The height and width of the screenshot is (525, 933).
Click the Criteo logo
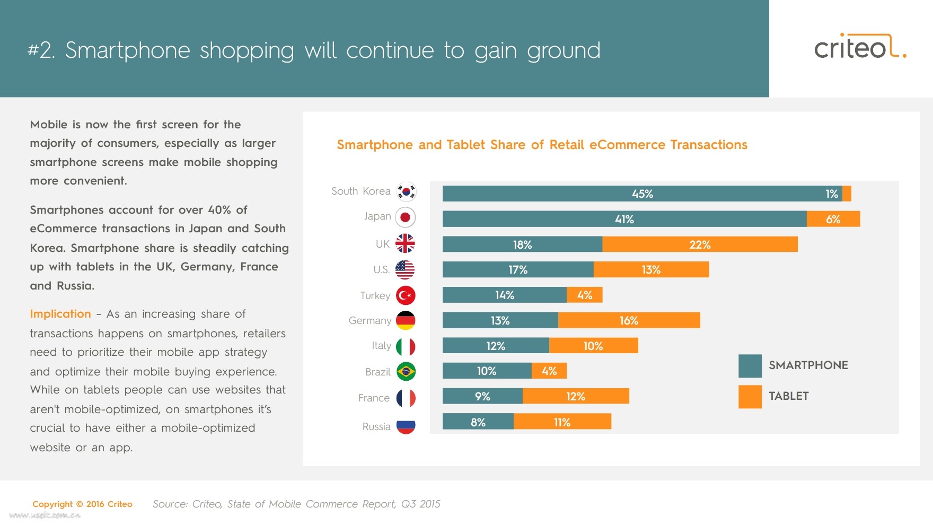click(859, 47)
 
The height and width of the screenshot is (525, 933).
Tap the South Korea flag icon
click(406, 191)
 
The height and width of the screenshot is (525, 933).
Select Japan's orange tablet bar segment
click(833, 219)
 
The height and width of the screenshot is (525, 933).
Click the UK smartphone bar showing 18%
click(522, 244)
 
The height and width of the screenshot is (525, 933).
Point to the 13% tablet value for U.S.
click(651, 270)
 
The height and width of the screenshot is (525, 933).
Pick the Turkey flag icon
click(406, 295)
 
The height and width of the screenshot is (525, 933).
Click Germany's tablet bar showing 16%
click(629, 320)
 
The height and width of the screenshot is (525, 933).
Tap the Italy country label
click(381, 346)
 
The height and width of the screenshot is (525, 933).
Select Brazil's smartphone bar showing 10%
click(487, 371)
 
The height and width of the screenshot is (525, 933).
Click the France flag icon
click(406, 398)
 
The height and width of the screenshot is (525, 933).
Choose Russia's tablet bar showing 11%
click(562, 422)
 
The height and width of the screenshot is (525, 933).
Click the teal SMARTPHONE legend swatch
click(750, 366)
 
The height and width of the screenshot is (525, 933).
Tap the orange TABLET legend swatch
click(750, 397)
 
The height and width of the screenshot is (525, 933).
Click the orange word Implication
click(60, 314)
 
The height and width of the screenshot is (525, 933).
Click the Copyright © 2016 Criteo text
click(82, 504)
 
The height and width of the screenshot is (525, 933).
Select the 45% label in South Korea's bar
click(642, 194)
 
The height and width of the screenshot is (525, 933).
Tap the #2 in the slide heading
click(41, 50)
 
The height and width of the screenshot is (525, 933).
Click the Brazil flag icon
click(406, 372)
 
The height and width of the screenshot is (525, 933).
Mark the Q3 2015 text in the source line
click(420, 504)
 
